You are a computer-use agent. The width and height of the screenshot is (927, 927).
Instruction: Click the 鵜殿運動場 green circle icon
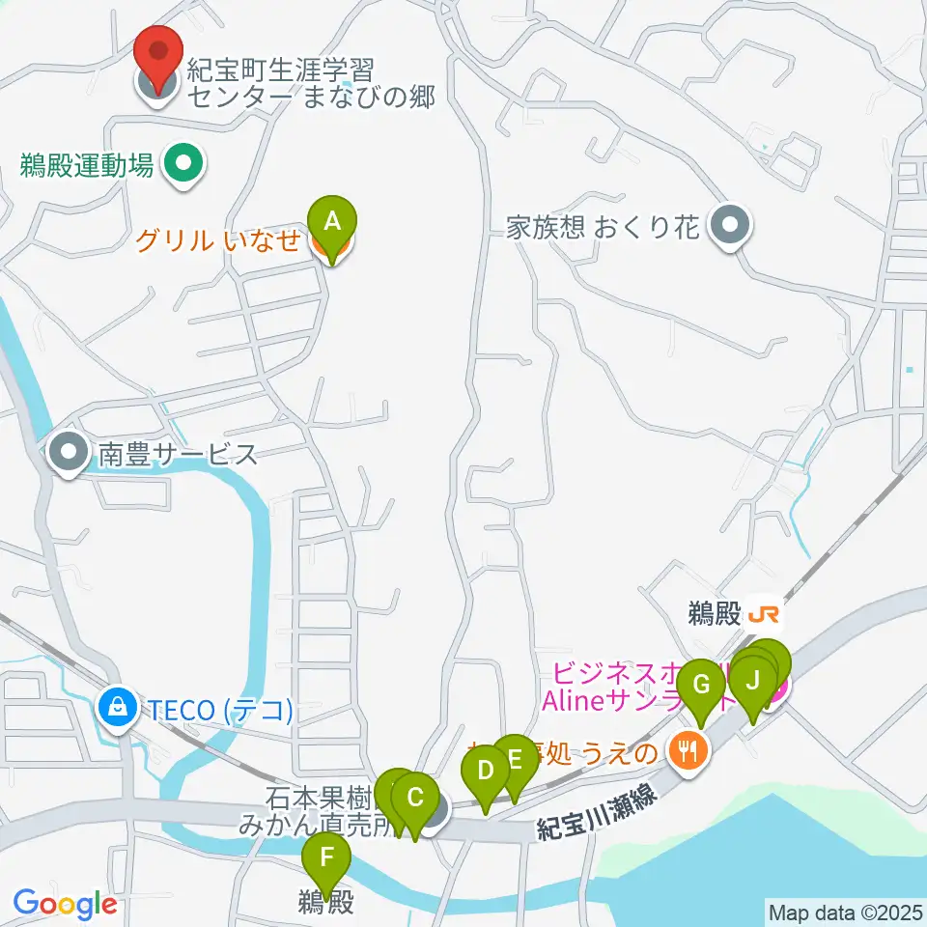click(183, 163)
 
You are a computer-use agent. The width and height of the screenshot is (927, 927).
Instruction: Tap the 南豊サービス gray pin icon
click(68, 454)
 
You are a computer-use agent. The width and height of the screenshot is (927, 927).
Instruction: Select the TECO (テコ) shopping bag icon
click(117, 711)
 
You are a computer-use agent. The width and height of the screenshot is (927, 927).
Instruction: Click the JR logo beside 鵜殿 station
click(763, 614)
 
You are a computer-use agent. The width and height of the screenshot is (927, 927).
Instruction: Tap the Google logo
click(65, 904)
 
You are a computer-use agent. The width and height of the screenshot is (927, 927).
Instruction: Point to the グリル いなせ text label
click(217, 240)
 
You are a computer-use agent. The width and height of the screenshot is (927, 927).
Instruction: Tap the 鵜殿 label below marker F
click(326, 903)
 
